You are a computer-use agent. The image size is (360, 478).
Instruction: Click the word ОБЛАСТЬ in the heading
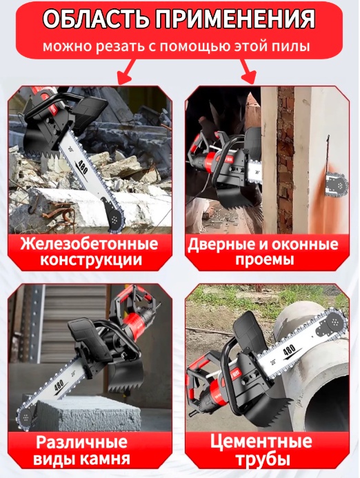coord(96,19)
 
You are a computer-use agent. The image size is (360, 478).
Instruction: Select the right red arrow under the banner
coord(248,71)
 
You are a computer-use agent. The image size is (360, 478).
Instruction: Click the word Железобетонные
coord(90,244)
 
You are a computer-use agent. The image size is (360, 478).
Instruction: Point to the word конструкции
coord(91,260)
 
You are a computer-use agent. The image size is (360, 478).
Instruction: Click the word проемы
coord(264,260)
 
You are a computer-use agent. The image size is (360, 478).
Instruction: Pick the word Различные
coord(81,442)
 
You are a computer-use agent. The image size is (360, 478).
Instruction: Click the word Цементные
coord(261,441)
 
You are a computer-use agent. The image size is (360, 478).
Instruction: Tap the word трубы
coord(263,459)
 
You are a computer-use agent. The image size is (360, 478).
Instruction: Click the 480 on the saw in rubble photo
coord(82,166)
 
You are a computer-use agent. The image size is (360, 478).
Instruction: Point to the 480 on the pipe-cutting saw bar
coord(288,350)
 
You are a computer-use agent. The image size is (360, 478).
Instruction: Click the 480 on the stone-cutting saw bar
coord(59,386)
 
